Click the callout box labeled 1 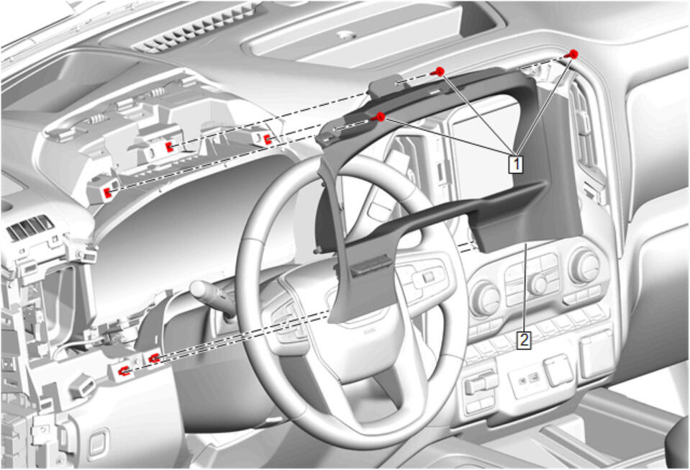click(x=516, y=163)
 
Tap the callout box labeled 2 click(x=523, y=340)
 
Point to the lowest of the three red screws click(x=379, y=117)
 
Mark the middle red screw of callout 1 click(x=439, y=72)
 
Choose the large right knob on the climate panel click(x=585, y=266)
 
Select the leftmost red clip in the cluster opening click(x=107, y=193)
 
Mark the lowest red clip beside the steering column click(x=124, y=372)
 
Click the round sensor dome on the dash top click(x=346, y=35)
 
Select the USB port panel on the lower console click(x=527, y=379)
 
